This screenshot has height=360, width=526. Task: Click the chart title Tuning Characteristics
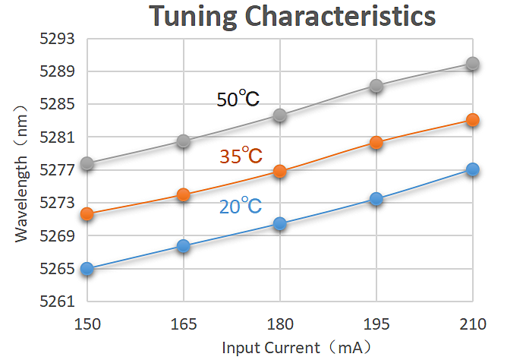tap(291, 16)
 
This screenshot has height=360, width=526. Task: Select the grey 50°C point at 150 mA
tap(87, 164)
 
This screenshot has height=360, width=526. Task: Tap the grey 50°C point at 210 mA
tap(472, 64)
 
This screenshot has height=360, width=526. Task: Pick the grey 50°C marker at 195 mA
tap(376, 86)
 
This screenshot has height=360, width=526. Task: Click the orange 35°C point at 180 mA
tap(279, 172)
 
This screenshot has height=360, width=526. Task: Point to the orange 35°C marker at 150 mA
tap(87, 214)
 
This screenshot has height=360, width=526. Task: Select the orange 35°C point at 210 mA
tap(472, 120)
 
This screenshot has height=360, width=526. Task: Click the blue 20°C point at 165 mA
tap(183, 246)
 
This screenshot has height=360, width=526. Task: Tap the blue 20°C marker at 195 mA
tap(376, 199)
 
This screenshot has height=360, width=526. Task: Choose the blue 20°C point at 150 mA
tap(87, 268)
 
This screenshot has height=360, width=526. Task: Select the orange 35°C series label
tap(241, 156)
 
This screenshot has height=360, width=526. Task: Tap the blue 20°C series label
tap(241, 206)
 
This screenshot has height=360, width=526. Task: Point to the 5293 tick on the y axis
tap(56, 39)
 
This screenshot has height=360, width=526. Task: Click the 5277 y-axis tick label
tap(56, 170)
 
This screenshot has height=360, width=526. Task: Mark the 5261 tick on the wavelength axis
tap(56, 302)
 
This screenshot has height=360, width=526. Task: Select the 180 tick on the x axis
tap(279, 324)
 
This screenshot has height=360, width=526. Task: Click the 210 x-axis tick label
tap(472, 324)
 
